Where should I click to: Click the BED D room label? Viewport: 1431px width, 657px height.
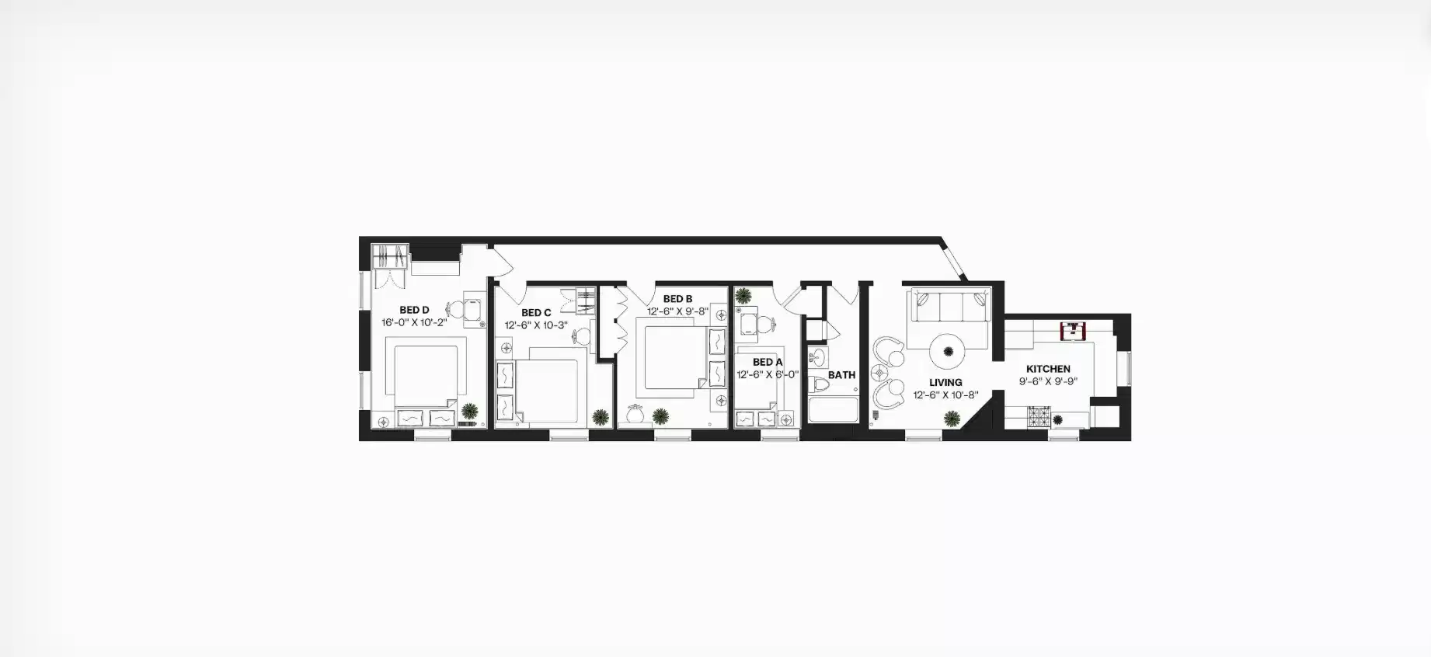[x=414, y=310]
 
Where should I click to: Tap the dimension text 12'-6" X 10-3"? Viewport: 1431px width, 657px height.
[x=536, y=325]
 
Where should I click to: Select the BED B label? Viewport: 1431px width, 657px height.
[x=677, y=299]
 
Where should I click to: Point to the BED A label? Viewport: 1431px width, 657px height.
[x=768, y=362]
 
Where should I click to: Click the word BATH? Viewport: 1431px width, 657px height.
[x=841, y=374]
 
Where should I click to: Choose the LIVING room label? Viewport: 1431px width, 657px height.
[x=945, y=382]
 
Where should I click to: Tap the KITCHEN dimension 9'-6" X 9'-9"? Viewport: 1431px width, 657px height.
[x=1048, y=381]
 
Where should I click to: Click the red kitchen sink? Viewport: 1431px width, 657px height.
[x=1074, y=330]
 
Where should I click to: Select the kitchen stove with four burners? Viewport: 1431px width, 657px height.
[x=1039, y=418]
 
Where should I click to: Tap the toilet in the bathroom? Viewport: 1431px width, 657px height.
[x=820, y=384]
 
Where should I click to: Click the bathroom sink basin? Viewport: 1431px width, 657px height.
[x=817, y=358]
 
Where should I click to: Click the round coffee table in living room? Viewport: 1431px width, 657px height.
[x=948, y=352]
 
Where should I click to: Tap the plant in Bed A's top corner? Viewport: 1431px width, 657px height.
[x=743, y=296]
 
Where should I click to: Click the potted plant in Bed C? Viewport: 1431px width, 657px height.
[x=600, y=417]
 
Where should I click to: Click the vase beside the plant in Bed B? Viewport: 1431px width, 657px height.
[x=635, y=415]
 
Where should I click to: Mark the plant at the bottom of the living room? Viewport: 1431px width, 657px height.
[x=952, y=419]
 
